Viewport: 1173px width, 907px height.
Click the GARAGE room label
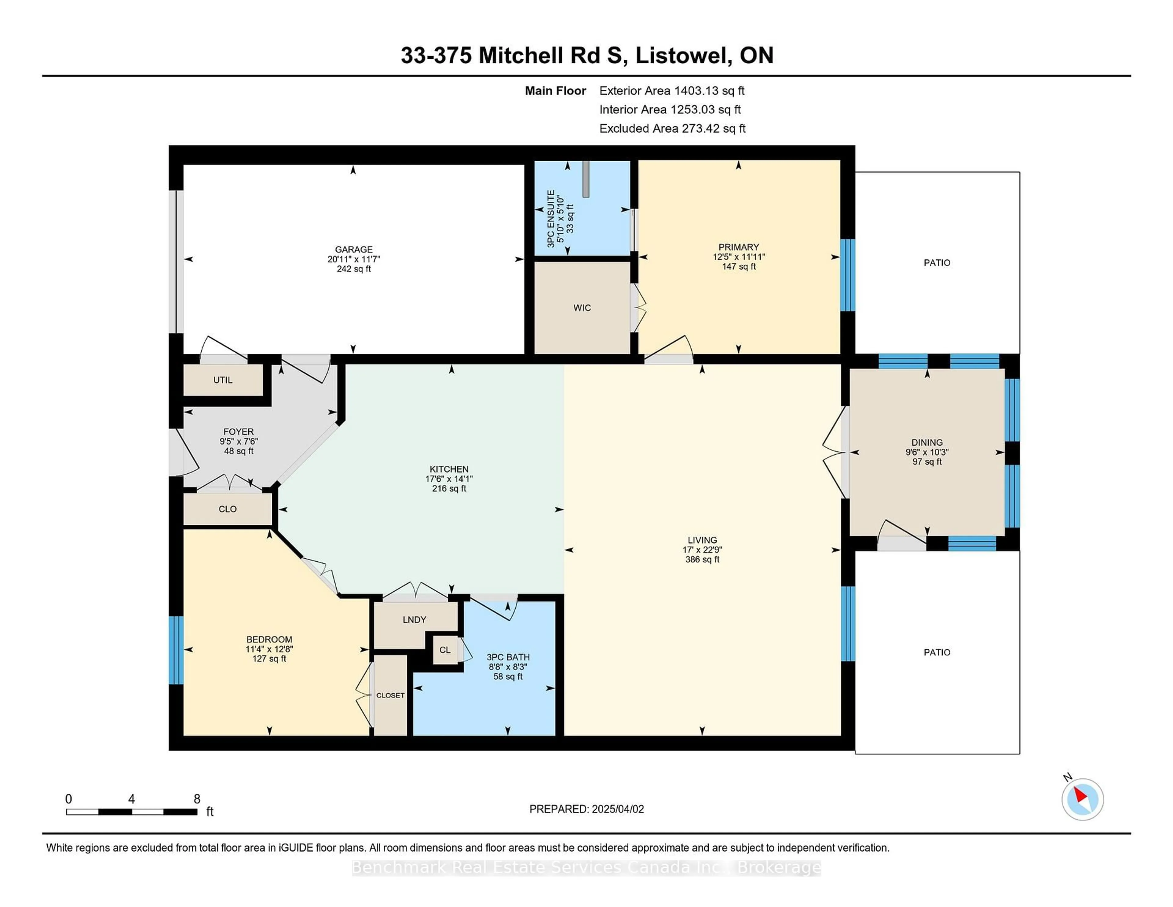tap(353, 249)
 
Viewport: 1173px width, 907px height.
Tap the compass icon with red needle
tap(1082, 799)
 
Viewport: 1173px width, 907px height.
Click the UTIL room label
tap(223, 380)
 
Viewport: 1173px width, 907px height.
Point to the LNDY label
tap(414, 619)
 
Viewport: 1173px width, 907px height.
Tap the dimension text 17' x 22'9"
tap(702, 550)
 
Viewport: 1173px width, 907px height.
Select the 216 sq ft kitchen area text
tap(449, 488)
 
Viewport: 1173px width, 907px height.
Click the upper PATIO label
tap(937, 263)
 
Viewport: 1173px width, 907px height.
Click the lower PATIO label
tap(937, 652)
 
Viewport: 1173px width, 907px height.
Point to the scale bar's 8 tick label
tap(197, 799)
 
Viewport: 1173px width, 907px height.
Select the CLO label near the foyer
tap(228, 509)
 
